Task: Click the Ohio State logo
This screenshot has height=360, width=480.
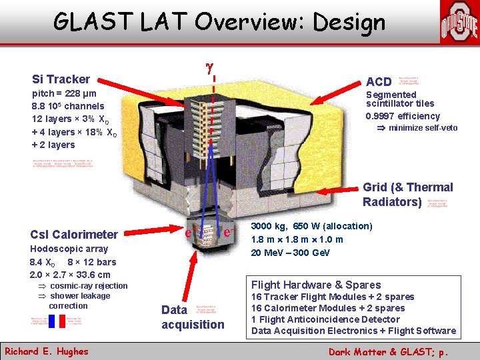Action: point(459,23)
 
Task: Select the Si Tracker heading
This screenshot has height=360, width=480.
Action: point(61,79)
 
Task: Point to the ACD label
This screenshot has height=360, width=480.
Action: point(379,81)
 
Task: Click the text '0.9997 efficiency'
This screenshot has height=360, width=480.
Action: point(403,116)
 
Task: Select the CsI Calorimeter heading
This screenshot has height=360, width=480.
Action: point(74,234)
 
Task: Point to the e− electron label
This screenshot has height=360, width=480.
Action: point(227,233)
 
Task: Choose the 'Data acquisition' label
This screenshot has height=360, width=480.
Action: point(193,317)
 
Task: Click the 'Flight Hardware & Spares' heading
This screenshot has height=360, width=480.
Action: point(316,285)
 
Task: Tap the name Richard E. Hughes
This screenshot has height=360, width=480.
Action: point(45,351)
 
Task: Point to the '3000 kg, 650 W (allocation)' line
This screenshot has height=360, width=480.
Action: point(311,226)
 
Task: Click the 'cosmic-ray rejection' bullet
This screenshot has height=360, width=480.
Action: point(88,286)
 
